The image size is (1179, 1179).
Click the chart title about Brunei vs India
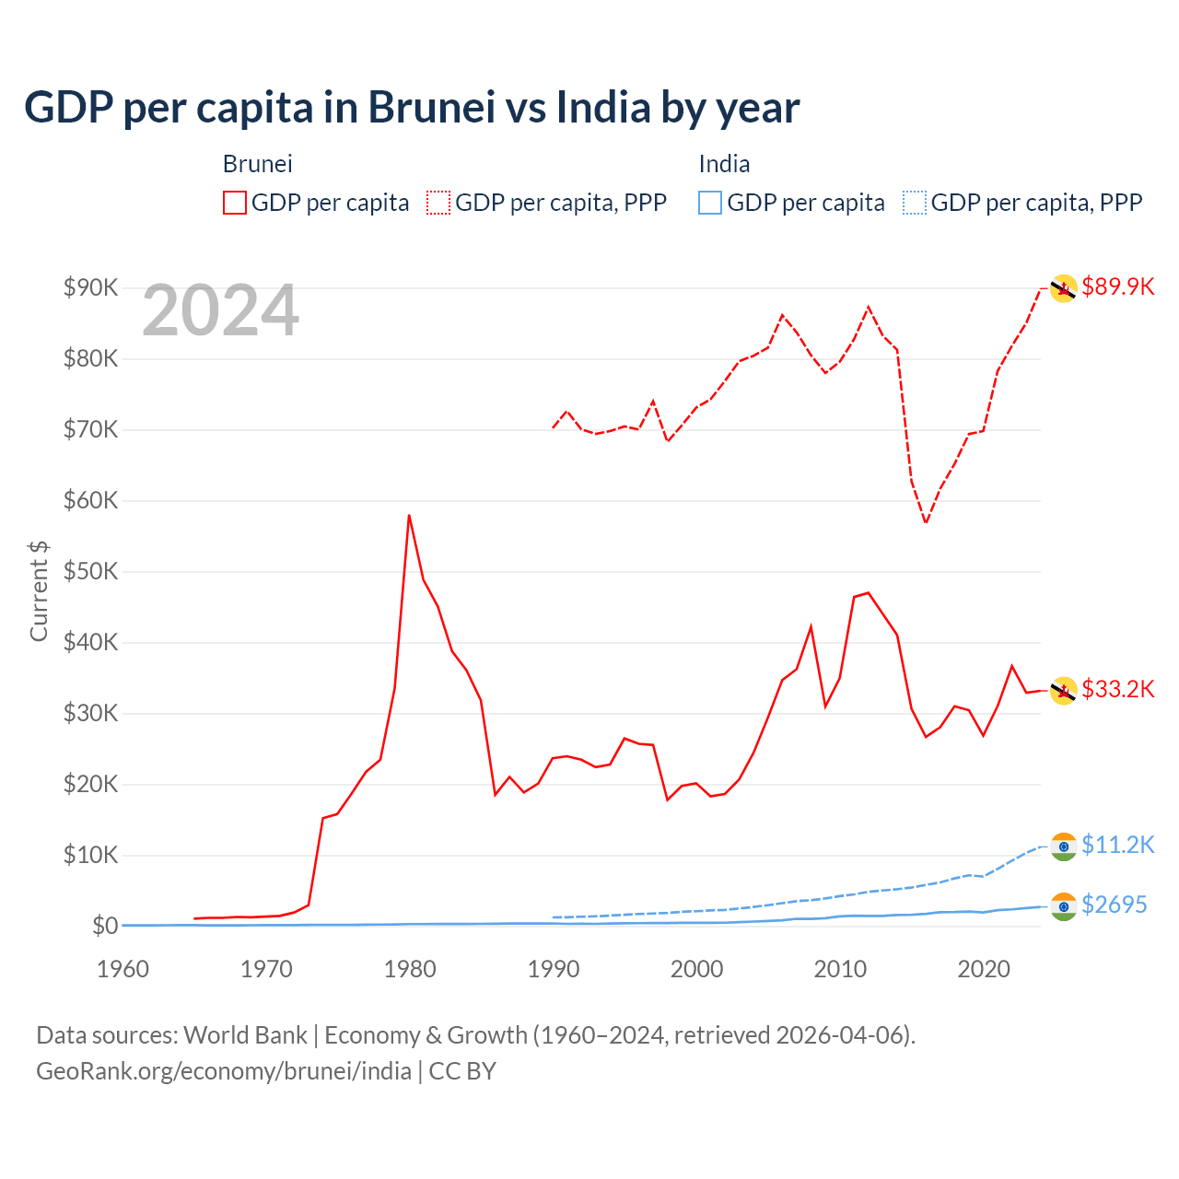(x=412, y=108)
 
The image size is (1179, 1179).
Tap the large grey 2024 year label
(x=220, y=311)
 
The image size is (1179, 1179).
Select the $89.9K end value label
(x=1117, y=286)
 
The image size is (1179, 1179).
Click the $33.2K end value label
(x=1117, y=689)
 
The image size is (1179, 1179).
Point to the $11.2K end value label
(x=1117, y=845)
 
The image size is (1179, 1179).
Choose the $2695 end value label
(x=1114, y=905)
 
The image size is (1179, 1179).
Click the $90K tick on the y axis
(x=90, y=287)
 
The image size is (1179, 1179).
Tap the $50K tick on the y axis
(x=90, y=571)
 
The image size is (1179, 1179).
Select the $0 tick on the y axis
(x=104, y=926)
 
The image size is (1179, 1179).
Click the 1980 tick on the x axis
(x=410, y=969)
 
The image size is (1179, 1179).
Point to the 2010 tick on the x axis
(x=840, y=969)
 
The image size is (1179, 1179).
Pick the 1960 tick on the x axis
(x=123, y=969)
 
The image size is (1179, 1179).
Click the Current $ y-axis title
(x=39, y=591)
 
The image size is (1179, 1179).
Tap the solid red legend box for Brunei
(x=235, y=203)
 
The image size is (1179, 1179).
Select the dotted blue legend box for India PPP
(x=915, y=203)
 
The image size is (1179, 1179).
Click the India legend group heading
(x=724, y=164)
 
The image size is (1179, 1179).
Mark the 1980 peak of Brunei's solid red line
(x=409, y=516)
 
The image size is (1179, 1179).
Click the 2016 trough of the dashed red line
(x=926, y=523)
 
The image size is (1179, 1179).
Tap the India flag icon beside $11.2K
(x=1064, y=846)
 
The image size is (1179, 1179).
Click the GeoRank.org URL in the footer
(x=224, y=1071)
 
